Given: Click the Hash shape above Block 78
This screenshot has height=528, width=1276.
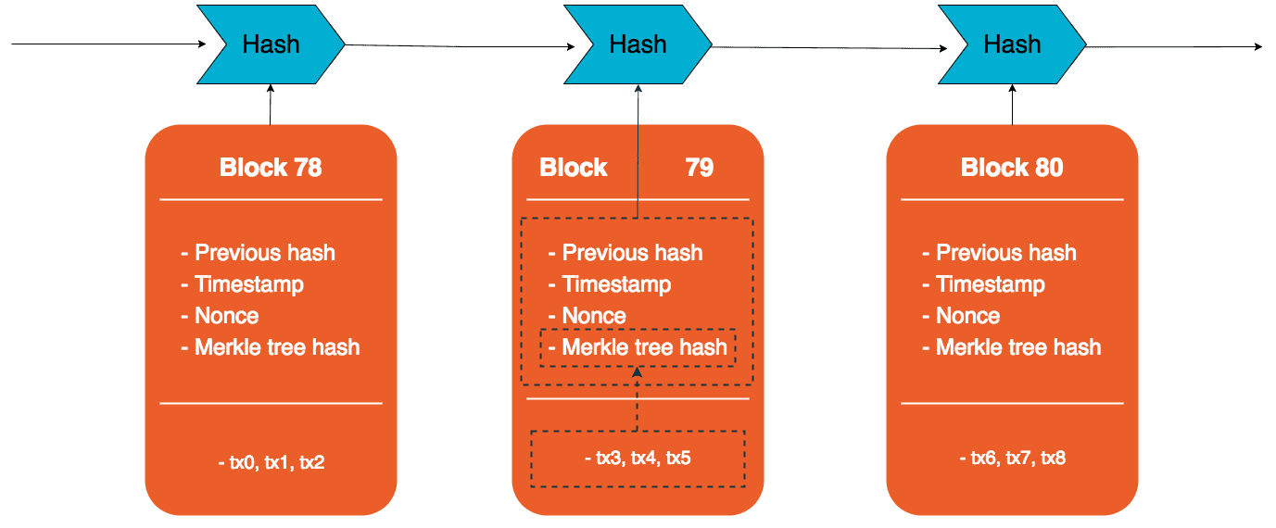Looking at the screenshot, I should (x=271, y=44).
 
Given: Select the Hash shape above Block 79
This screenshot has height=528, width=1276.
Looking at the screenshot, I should (x=638, y=44).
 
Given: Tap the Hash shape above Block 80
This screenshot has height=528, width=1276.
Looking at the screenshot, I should (x=1012, y=44).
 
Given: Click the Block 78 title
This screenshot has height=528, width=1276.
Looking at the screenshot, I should (x=271, y=168).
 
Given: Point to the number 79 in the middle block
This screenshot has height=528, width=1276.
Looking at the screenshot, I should (x=700, y=168).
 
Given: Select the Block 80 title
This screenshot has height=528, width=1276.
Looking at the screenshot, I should (x=1012, y=168).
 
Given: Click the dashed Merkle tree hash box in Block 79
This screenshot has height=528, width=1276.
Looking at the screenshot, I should (x=638, y=347).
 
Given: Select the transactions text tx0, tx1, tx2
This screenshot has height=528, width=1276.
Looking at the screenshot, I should (x=271, y=461).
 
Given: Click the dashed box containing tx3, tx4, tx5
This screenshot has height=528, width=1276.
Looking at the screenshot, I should (x=638, y=459).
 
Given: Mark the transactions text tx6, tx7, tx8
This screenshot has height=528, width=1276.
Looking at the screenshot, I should (x=1012, y=458).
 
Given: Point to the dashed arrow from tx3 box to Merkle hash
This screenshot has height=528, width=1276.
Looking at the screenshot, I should (x=638, y=398).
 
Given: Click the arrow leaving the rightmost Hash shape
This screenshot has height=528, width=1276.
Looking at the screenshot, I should (x=1172, y=46).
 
